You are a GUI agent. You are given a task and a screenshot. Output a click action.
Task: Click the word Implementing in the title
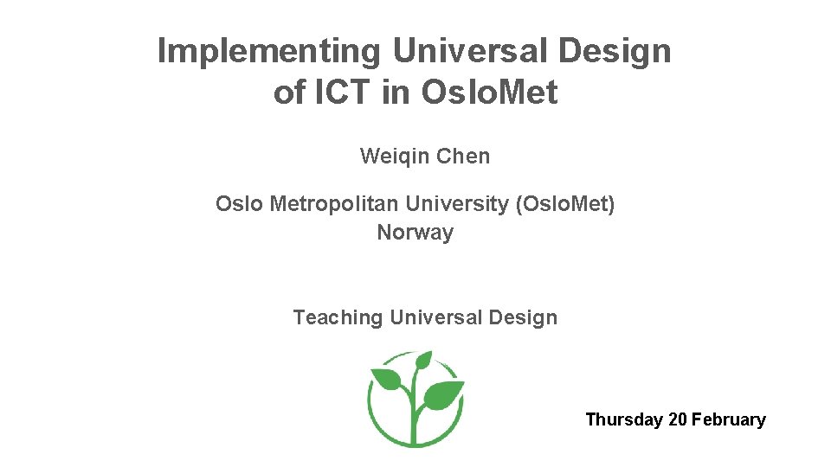click(x=268, y=52)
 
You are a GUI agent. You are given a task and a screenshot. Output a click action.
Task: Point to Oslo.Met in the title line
click(x=489, y=93)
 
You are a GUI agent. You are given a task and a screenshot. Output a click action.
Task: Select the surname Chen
click(x=463, y=157)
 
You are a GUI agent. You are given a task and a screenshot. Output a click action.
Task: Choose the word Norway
click(x=415, y=233)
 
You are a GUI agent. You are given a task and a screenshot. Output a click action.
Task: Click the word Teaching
click(x=338, y=317)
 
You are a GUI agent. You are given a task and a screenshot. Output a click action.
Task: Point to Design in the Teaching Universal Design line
click(x=523, y=317)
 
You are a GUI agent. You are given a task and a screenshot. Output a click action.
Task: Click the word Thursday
click(x=624, y=420)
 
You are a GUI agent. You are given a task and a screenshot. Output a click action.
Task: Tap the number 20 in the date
click(x=678, y=420)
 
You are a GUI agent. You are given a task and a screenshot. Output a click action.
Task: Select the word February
click(x=729, y=420)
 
